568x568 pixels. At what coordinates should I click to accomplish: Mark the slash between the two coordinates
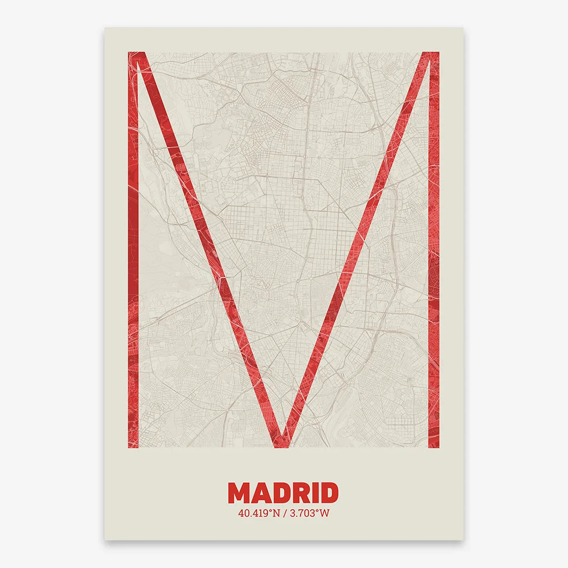click(x=285, y=513)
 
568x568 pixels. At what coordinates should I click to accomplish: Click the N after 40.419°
click(x=275, y=513)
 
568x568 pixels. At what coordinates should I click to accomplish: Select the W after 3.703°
click(x=324, y=513)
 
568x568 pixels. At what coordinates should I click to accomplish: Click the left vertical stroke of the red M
click(x=133, y=250)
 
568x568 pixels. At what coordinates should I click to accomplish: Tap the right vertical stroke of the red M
click(x=434, y=250)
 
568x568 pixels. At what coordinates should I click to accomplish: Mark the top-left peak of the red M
click(x=136, y=55)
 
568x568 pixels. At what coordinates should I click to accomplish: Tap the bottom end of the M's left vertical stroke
click(x=133, y=445)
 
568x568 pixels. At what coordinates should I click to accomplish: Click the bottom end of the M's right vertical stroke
click(x=434, y=445)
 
